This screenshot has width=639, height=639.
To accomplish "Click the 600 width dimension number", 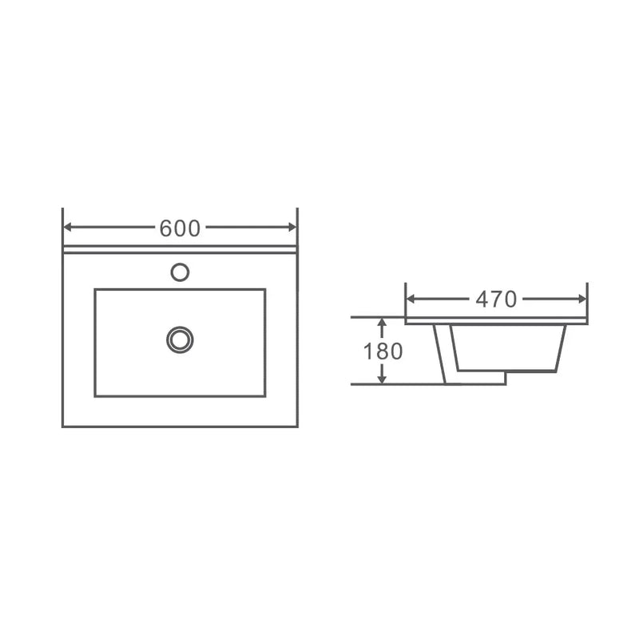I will tap(180, 228).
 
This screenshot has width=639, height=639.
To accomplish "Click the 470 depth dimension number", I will tap(496, 300).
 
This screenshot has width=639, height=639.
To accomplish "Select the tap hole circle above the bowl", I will tap(180, 272).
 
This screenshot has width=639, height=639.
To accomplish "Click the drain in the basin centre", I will tap(180, 339).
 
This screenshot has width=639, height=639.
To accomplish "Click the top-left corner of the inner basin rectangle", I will tap(95, 289).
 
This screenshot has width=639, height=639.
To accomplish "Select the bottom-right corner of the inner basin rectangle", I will tap(264, 395).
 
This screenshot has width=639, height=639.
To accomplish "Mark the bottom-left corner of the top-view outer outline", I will tap(63, 426).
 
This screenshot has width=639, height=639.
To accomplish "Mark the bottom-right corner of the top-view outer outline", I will tap(297, 426).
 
